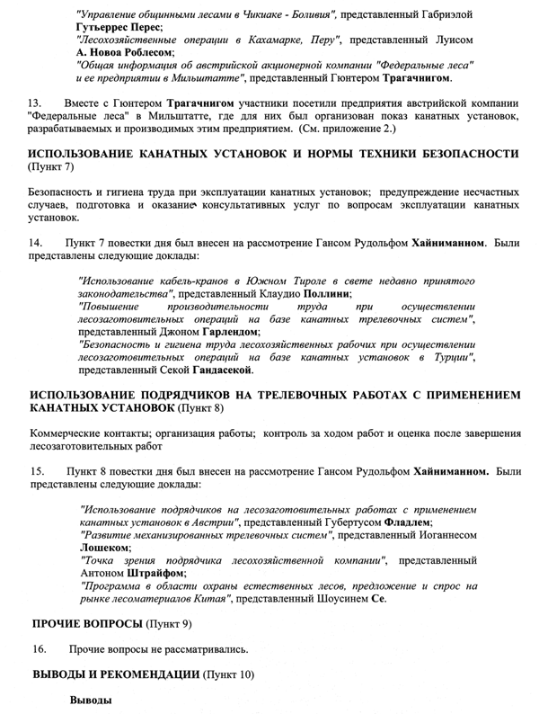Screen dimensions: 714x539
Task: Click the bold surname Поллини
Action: [323, 293]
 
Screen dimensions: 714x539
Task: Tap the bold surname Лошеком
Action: [105, 547]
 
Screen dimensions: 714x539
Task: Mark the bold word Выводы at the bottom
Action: [92, 699]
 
